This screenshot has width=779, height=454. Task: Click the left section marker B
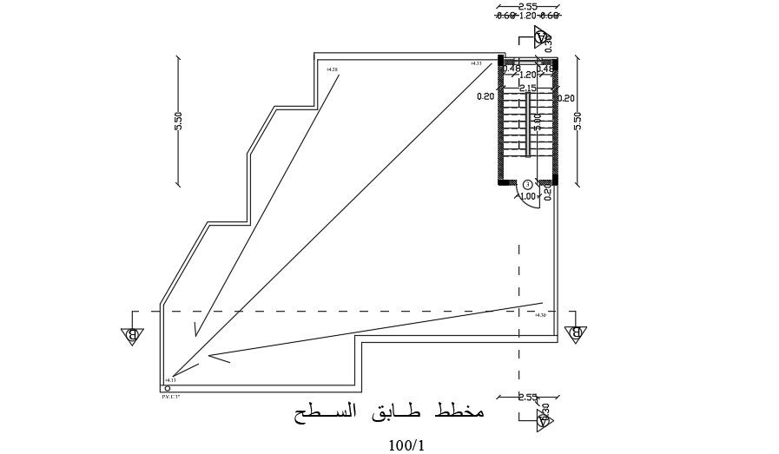coord(132,335)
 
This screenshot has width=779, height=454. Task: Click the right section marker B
coord(574,334)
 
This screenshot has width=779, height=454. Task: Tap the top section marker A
coord(543,37)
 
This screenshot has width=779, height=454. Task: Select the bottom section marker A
coord(544,421)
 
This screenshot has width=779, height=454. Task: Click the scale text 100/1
coord(406,445)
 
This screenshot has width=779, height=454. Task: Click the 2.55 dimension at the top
coord(527,7)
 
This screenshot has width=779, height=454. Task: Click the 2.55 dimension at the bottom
coord(527,398)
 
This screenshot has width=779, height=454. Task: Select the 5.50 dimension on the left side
coord(178,121)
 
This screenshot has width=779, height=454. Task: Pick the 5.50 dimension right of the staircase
coord(578,121)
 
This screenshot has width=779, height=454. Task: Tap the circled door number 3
coord(528,185)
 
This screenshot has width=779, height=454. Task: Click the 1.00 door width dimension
coord(527,196)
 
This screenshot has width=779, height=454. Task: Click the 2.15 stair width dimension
coord(527,88)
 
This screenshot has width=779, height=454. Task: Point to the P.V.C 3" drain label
coord(170,397)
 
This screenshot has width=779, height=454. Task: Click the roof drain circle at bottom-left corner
coord(168,388)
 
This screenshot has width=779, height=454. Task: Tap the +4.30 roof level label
coord(540,315)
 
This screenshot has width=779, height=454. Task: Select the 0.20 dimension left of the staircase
coord(485,96)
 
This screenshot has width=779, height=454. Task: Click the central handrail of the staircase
coord(527,126)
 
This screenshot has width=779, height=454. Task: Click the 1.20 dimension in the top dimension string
coord(527,16)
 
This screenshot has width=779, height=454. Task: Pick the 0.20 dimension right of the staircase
coord(567,98)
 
